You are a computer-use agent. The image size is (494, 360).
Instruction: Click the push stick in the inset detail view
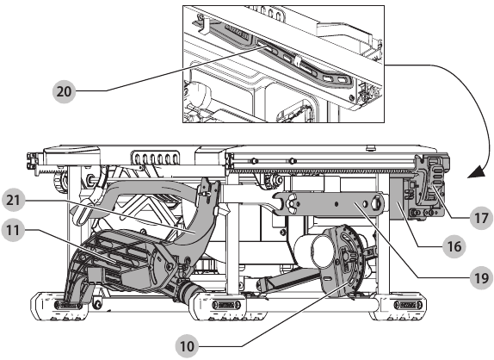coord(293,64)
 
